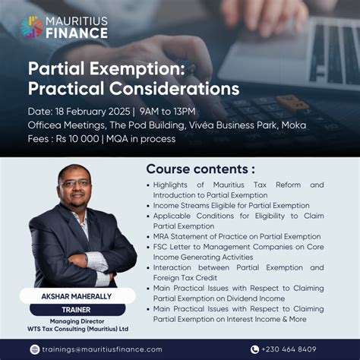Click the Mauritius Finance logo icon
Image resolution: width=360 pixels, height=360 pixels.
click(32, 27)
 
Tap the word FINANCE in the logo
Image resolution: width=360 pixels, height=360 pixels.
click(76, 33)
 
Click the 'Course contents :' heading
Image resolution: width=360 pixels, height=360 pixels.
click(201, 169)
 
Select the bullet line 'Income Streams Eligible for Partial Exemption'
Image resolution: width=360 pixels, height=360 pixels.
click(232, 205)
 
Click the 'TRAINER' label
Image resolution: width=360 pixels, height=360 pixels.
click(77, 309)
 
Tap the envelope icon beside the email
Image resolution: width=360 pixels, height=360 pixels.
click(34, 349)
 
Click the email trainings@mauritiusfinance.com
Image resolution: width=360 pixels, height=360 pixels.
click(102, 349)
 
